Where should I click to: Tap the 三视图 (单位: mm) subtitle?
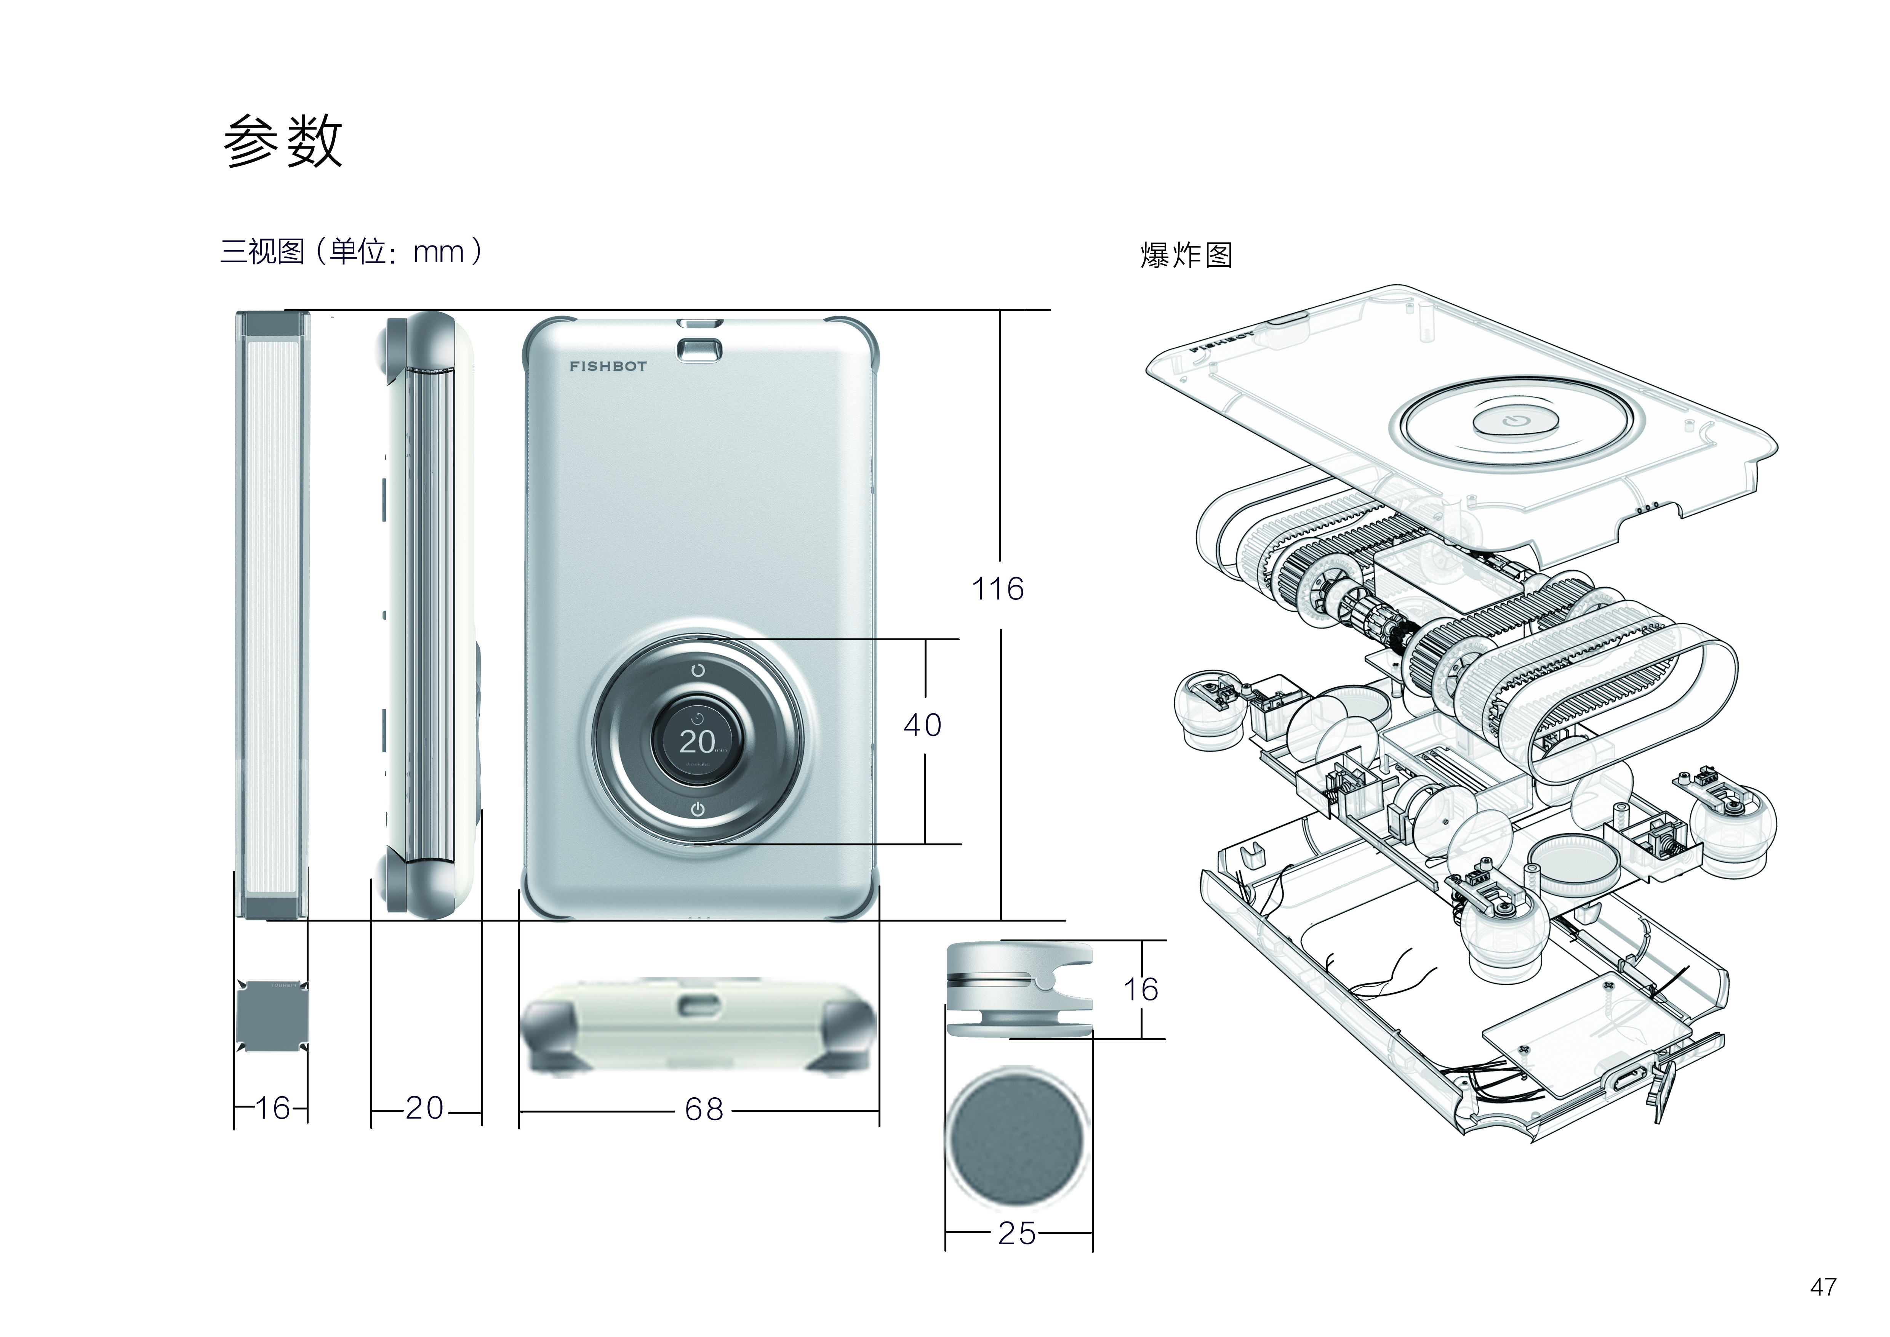coord(350,251)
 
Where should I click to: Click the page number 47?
coord(1823,1287)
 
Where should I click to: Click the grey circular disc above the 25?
coord(1016,1138)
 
